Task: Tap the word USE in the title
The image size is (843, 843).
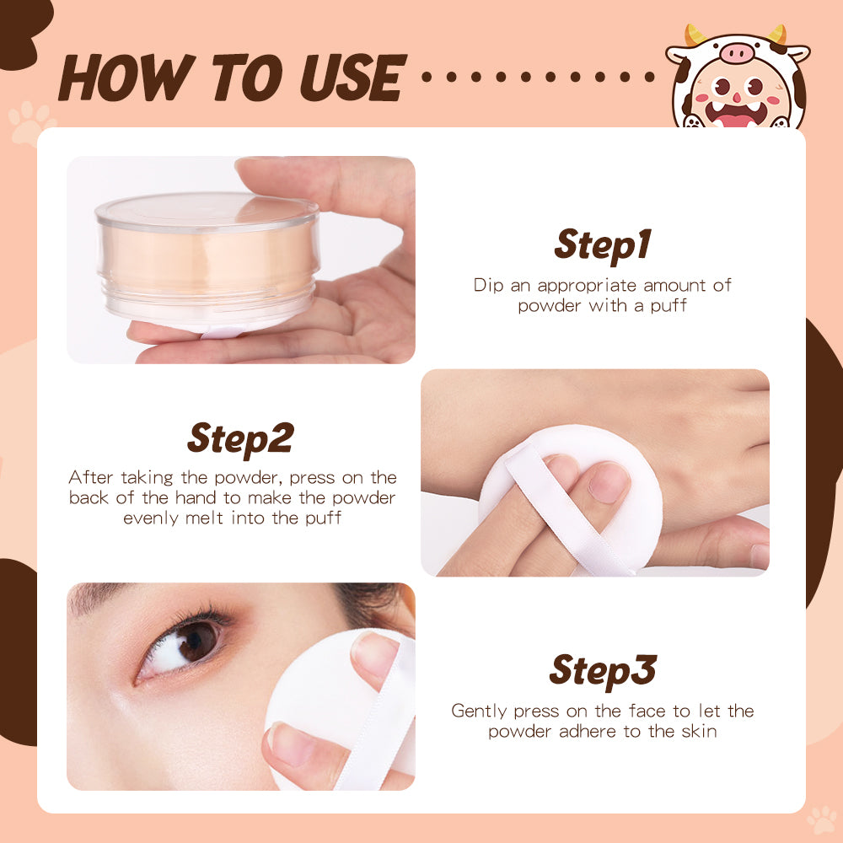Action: [352, 78]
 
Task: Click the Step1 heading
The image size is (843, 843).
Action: [603, 245]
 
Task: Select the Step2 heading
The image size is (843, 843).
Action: [241, 439]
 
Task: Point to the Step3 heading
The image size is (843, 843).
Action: [603, 671]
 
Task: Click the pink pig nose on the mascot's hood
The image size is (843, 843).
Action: [737, 53]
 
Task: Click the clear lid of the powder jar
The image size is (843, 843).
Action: [207, 212]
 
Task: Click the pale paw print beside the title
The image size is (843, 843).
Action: [30, 123]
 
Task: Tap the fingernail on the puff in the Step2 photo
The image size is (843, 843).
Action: [609, 482]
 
